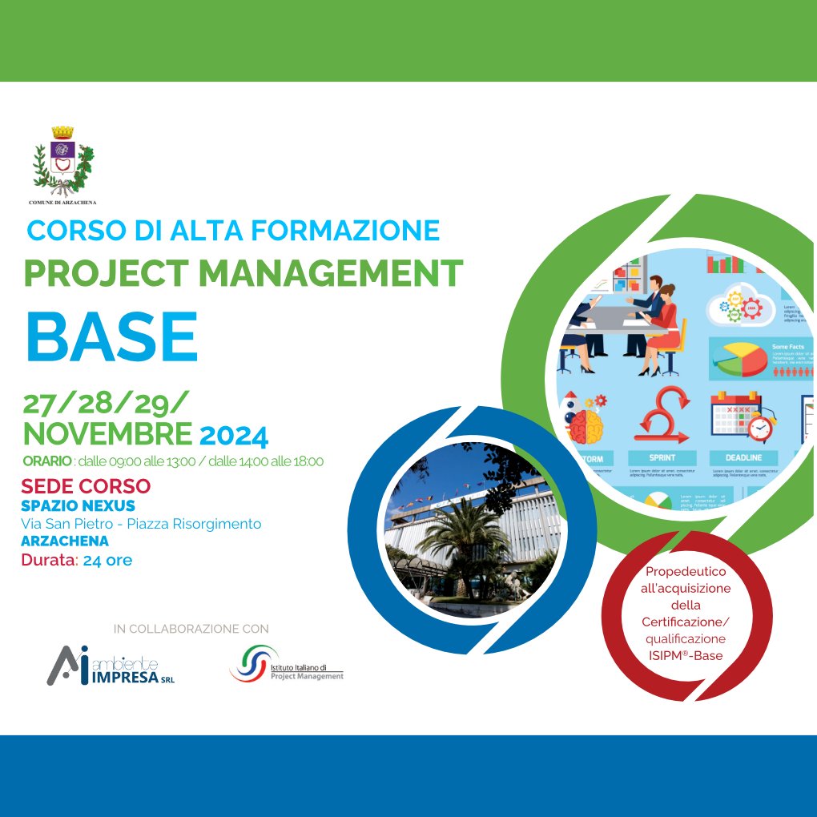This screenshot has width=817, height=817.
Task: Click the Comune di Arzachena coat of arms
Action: [x=62, y=161]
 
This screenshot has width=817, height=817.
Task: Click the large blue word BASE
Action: [x=111, y=336]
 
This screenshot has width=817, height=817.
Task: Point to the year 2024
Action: [x=233, y=437]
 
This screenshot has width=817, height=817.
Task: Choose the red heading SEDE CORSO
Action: [x=86, y=486]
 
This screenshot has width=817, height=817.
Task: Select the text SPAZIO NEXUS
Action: [x=78, y=505]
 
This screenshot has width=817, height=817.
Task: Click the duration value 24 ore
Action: [x=107, y=560]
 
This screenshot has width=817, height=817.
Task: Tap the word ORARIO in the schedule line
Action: [x=47, y=461]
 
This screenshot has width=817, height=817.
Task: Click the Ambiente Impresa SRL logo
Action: [x=110, y=665]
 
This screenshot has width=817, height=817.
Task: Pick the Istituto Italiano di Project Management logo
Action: [x=286, y=663]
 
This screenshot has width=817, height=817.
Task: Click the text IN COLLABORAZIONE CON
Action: [x=191, y=629]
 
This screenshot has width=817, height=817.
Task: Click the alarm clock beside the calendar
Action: [x=760, y=429]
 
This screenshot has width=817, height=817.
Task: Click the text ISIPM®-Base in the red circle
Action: [x=686, y=655]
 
